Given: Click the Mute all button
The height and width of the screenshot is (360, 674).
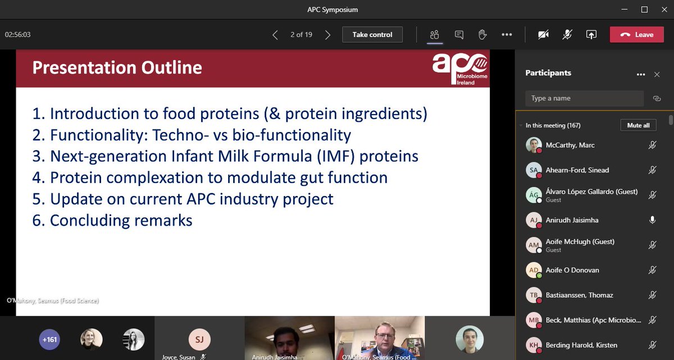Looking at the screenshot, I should click(x=638, y=125).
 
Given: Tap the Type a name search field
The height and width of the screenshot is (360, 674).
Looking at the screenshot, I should click(x=584, y=98).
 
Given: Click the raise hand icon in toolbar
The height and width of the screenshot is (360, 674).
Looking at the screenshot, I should click(x=482, y=34).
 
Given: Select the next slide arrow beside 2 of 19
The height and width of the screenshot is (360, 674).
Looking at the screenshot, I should click(x=327, y=35).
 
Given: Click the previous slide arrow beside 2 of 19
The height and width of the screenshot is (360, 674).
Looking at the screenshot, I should click(x=275, y=35).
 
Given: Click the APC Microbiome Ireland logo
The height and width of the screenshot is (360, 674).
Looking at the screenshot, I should click(x=459, y=69).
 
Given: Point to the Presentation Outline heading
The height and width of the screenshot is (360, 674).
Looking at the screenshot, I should click(x=117, y=68).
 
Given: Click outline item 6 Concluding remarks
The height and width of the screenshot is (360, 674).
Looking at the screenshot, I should click(x=112, y=220).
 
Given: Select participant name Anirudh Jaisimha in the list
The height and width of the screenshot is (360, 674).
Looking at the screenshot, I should click(x=572, y=220).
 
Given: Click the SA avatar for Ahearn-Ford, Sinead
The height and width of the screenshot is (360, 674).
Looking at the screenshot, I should click(x=534, y=170).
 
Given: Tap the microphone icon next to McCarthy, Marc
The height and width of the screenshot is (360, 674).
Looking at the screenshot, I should click(x=652, y=145).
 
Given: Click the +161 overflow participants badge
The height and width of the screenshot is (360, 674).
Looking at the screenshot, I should click(x=49, y=339).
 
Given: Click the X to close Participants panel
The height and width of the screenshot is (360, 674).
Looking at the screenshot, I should click(x=657, y=74).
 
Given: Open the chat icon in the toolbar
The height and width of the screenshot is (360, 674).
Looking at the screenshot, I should click(x=459, y=34).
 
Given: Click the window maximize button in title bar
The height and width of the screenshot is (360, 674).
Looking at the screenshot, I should click(x=644, y=10).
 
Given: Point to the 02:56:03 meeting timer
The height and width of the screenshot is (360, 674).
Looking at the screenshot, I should click(x=17, y=34).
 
